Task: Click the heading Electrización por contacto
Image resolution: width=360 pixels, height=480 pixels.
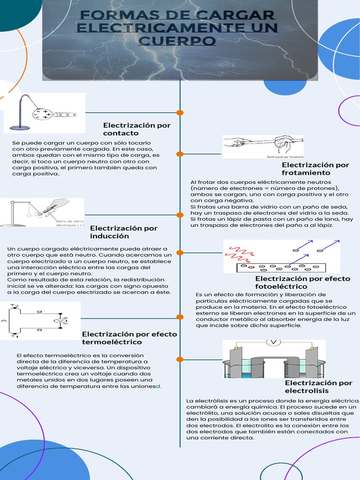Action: click(x=136, y=129)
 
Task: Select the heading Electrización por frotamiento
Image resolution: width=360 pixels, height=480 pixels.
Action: click(x=315, y=169)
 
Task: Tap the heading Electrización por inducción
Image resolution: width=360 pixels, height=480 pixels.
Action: click(x=123, y=232)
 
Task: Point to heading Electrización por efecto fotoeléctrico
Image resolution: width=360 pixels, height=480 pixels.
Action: click(x=302, y=282)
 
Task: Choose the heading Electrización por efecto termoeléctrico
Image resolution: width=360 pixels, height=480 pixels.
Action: click(x=129, y=338)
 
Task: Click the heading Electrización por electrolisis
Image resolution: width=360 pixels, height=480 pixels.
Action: click(x=318, y=387)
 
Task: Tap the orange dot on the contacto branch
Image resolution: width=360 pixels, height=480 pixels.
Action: click(x=180, y=112)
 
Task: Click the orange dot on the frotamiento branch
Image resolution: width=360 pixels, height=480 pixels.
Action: click(x=180, y=153)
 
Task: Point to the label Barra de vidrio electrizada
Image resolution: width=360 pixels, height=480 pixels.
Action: click(x=70, y=223)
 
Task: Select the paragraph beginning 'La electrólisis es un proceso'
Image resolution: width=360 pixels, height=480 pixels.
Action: click(x=272, y=419)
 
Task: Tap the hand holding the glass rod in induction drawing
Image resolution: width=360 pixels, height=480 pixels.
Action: click(x=59, y=204)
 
